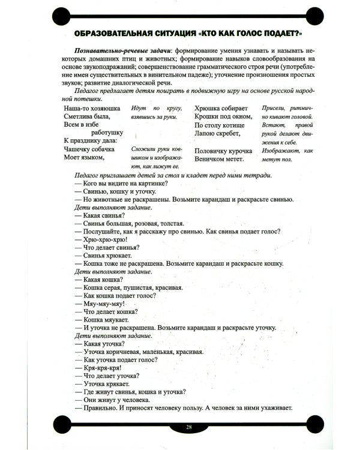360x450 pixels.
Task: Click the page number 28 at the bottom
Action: [188, 427]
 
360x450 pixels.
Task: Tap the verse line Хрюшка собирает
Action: [221, 109]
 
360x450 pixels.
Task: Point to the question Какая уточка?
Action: [103, 344]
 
